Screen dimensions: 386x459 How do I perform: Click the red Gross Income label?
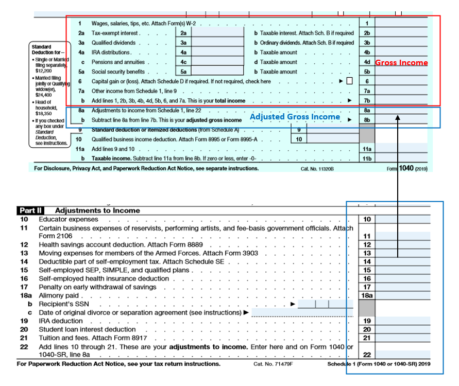click(401, 63)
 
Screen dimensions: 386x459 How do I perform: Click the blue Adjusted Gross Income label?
click(295, 117)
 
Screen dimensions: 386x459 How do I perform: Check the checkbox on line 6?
click(349, 81)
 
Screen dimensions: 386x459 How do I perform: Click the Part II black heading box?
click(31, 210)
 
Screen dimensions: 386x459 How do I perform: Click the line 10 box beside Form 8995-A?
click(298, 139)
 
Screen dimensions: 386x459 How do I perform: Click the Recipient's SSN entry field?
click(325, 304)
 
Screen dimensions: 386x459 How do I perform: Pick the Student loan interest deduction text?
click(88, 329)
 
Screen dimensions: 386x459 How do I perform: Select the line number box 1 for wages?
click(366, 24)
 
